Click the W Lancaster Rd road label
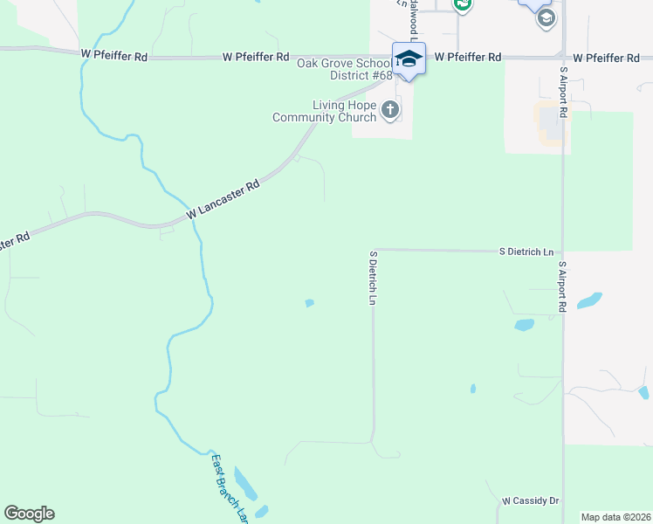pos(223,200)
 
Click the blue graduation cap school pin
pos(409,59)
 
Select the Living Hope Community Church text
pos(325,111)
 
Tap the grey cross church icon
pos(390,110)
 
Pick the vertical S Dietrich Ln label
pos(373,278)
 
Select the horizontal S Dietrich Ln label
pos(526,252)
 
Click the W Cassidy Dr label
pos(530,500)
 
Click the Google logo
pos(29,514)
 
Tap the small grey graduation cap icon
pos(546,17)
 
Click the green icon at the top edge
pos(463,4)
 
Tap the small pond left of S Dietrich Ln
pos(309,303)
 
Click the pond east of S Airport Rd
pos(589,300)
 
